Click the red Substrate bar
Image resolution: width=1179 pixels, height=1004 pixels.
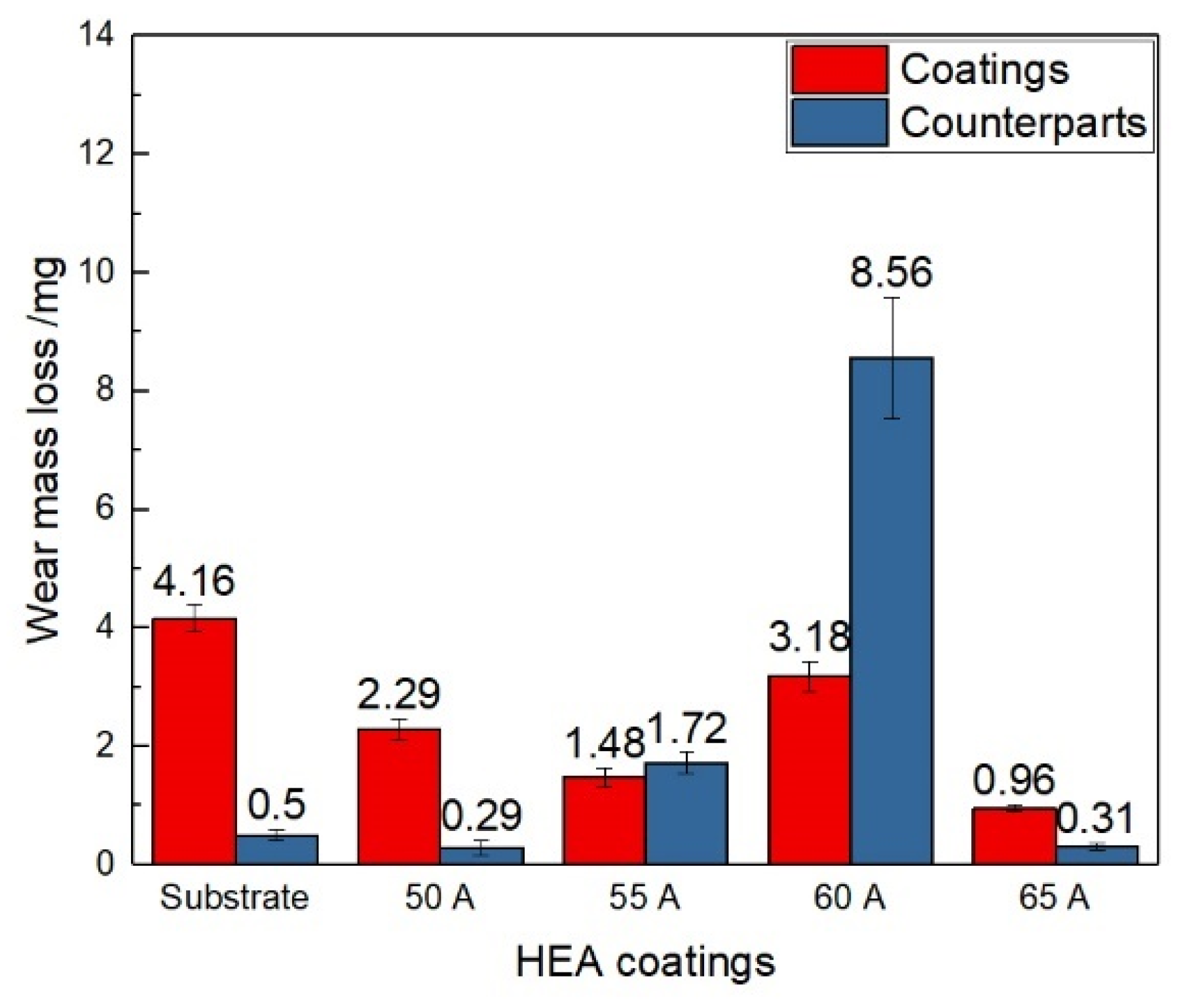point(194,741)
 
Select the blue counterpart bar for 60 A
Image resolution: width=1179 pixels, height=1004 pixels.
point(891,609)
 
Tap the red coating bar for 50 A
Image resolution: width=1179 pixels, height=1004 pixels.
point(399,796)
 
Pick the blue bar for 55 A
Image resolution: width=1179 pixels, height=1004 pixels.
point(686,813)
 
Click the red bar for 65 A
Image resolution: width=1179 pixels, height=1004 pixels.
point(1014,836)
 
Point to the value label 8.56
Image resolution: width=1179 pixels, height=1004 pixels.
point(891,273)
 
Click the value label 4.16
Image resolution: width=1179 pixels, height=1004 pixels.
point(193,581)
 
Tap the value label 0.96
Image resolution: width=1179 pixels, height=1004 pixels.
point(1013,780)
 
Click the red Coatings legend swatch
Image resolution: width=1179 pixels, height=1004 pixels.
point(839,69)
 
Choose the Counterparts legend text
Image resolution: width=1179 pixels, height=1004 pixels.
point(1023,122)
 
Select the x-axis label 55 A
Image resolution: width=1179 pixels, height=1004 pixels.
point(645,898)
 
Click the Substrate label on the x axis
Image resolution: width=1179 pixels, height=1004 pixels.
point(234,898)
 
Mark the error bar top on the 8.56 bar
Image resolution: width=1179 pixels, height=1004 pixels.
point(891,298)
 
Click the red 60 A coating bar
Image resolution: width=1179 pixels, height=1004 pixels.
point(809,769)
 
